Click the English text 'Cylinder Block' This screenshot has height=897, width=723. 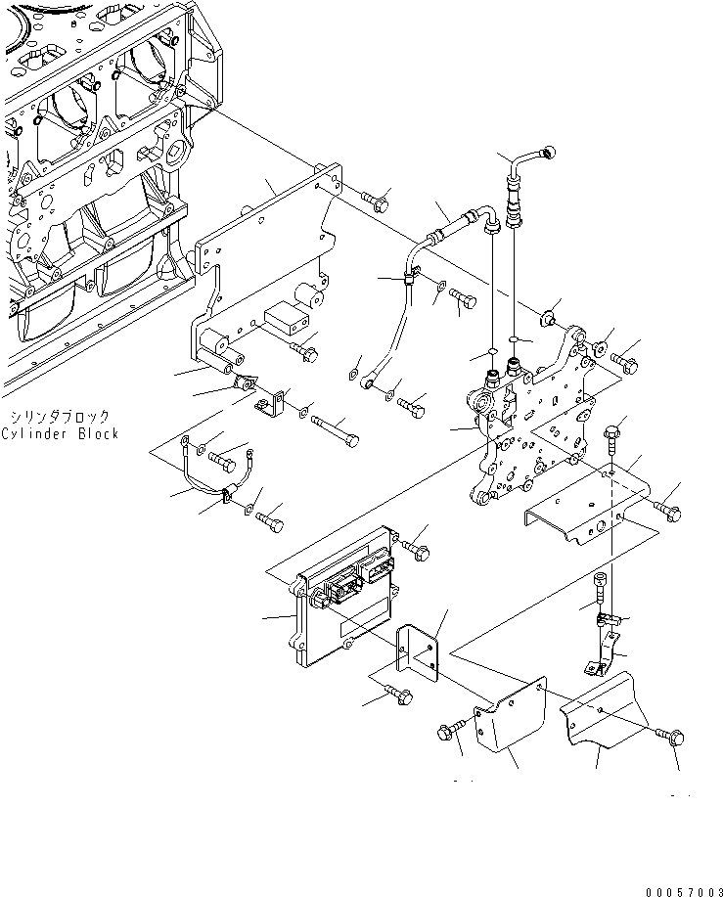pyautogui.click(x=60, y=433)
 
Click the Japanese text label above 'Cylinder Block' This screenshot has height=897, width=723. pyautogui.click(x=60, y=416)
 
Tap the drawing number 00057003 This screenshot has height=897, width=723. pyautogui.click(x=684, y=892)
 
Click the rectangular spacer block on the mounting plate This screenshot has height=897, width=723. pyautogui.click(x=287, y=317)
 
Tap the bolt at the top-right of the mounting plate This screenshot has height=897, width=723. pyautogui.click(x=376, y=201)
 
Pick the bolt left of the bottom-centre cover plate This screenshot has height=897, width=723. pyautogui.click(x=451, y=732)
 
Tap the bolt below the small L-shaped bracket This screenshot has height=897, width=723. pyautogui.click(x=399, y=695)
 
